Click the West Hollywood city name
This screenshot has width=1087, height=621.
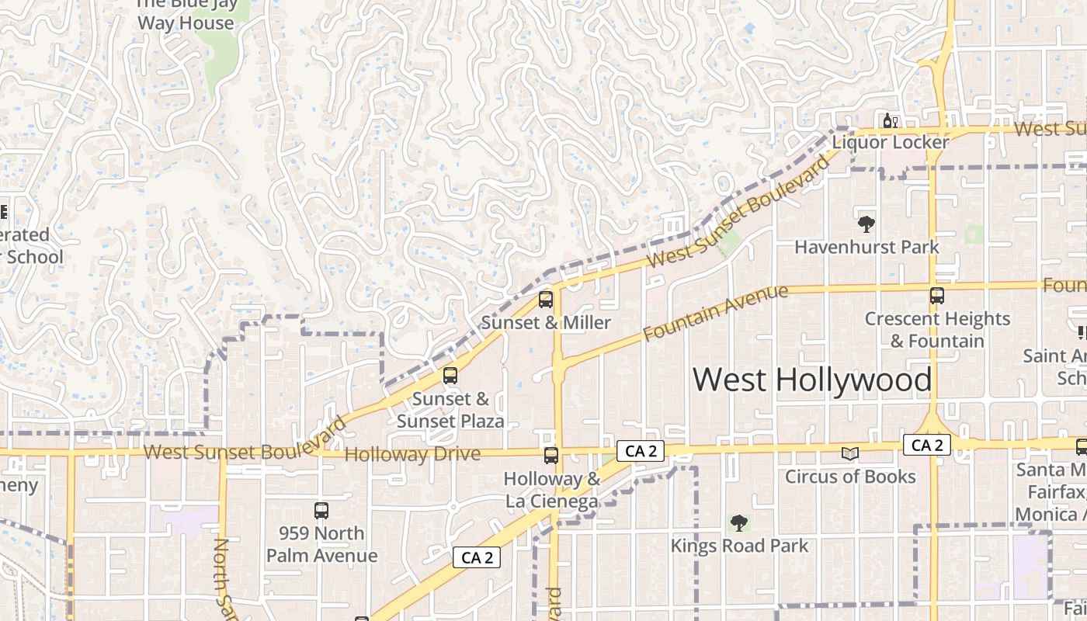tap(811, 380)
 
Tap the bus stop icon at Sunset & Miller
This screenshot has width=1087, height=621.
tap(546, 300)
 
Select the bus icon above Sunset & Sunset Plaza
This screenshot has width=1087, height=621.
tap(450, 376)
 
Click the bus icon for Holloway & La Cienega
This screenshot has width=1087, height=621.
tap(551, 456)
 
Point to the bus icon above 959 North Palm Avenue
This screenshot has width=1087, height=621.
tap(321, 511)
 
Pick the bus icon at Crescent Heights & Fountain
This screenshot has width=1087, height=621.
tap(937, 296)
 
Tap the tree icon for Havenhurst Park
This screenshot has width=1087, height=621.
tap(866, 224)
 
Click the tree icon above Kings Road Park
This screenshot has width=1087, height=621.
tap(739, 522)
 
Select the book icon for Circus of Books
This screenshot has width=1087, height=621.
tap(851, 453)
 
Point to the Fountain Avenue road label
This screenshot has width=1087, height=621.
tap(716, 313)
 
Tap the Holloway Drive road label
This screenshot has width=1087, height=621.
tap(412, 454)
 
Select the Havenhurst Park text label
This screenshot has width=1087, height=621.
tap(866, 248)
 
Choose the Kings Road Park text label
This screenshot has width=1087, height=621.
tap(739, 546)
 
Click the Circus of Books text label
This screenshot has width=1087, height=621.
tap(850, 477)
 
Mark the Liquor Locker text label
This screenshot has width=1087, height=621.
tap(891, 143)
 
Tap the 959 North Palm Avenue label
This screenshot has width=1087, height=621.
tap(321, 544)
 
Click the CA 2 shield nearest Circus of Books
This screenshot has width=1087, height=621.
tap(927, 446)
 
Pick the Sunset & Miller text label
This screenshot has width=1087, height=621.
tap(546, 323)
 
